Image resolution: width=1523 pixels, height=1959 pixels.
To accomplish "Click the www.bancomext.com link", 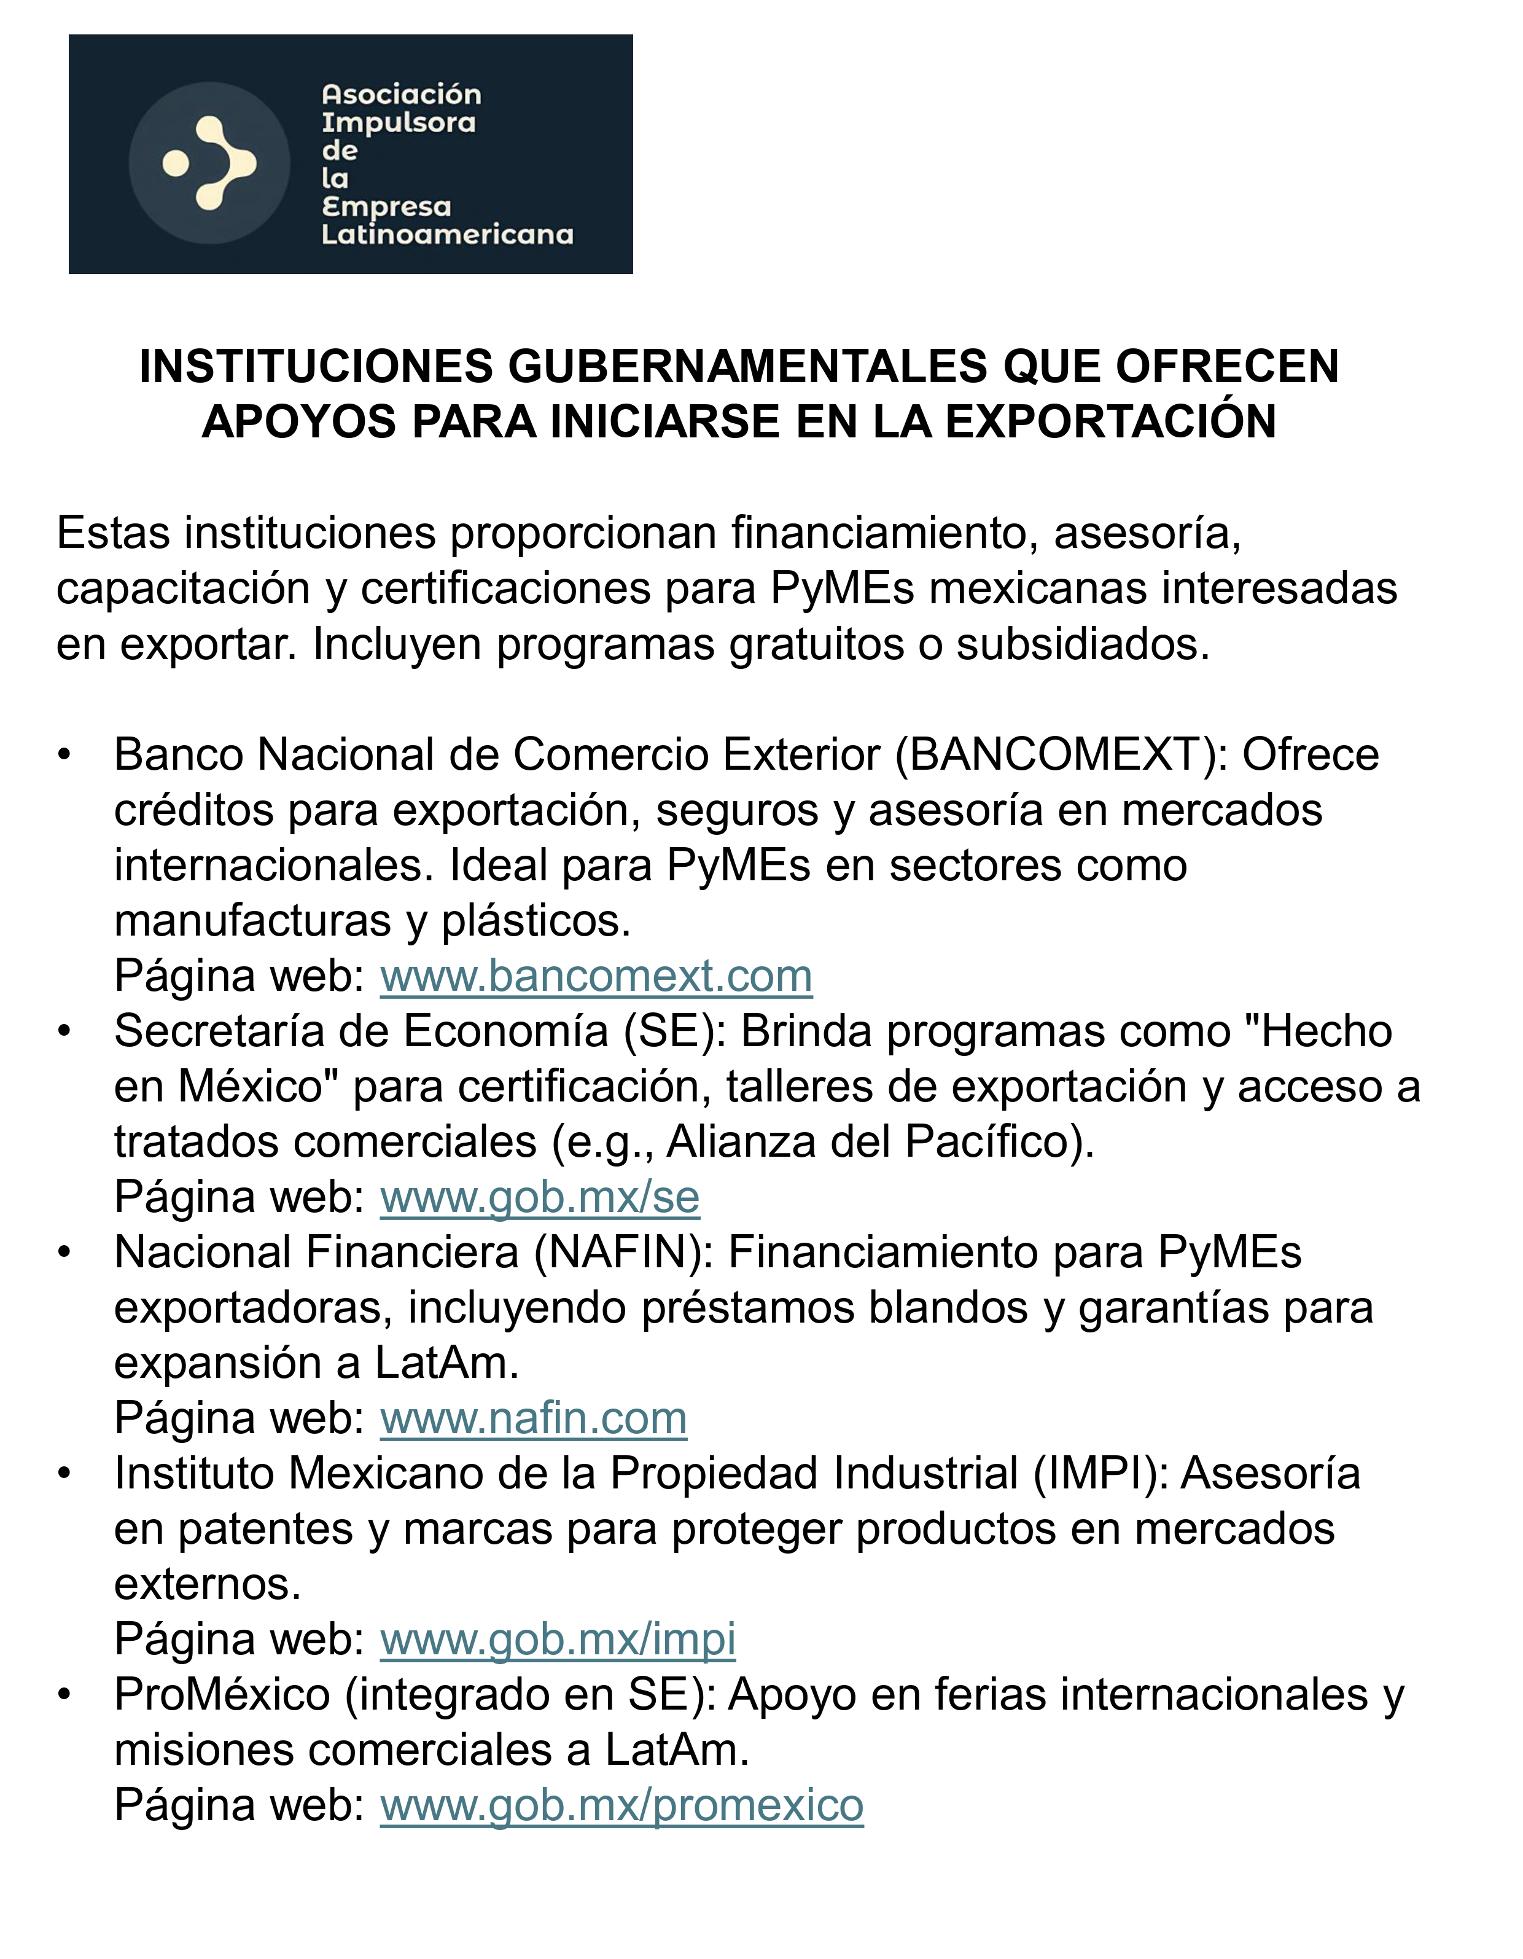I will pos(596,977).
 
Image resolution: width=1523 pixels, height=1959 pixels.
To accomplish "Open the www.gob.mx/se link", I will pos(539,1197).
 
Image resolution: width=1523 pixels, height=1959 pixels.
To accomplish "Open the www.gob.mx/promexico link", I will pos(621,1805).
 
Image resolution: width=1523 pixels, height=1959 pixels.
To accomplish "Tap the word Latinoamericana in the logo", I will pos(446,235).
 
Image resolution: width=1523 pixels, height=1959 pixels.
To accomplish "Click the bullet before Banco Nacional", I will pos(64,755).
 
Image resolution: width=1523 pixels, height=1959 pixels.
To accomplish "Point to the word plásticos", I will pos(536,921).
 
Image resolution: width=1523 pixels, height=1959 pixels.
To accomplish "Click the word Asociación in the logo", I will pos(401,94).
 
